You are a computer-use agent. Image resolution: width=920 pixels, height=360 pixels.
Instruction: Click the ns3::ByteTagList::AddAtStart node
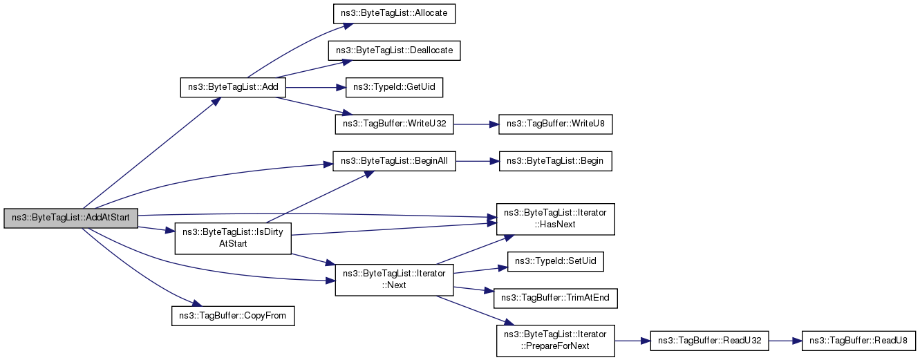[71, 218]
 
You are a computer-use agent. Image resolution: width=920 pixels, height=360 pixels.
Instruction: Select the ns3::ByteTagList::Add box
[233, 88]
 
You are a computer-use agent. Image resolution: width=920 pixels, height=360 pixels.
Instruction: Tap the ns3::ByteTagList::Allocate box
[394, 14]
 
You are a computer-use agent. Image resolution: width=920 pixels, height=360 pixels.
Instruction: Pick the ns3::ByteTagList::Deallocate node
[394, 50]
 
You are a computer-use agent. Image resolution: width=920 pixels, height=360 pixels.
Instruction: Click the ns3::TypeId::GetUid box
[394, 88]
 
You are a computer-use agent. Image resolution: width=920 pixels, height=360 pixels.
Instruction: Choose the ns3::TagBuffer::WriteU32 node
[394, 124]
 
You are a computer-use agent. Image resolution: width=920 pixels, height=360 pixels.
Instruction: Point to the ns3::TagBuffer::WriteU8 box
[555, 124]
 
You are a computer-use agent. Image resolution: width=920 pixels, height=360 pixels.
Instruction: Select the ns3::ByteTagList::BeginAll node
[394, 161]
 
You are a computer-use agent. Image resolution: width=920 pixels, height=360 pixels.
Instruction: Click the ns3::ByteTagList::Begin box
[555, 161]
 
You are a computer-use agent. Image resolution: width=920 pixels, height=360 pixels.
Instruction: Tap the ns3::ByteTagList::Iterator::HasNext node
[555, 219]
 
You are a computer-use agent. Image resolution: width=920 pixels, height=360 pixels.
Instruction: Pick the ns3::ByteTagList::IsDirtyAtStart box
[233, 238]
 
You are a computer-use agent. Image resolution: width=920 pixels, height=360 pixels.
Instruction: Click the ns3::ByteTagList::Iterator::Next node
[394, 280]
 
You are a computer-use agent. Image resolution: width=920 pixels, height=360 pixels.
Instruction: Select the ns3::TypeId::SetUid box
[555, 261]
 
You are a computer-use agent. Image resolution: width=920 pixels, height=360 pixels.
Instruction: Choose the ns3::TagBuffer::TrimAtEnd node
[555, 298]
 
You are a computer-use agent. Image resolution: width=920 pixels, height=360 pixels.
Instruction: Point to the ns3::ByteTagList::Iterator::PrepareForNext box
[555, 341]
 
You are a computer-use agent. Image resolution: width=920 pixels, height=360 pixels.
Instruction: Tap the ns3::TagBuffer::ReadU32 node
[709, 341]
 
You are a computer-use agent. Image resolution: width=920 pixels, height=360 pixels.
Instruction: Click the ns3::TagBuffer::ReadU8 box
[858, 341]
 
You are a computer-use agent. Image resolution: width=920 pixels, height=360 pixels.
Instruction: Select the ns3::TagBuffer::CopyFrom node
[233, 316]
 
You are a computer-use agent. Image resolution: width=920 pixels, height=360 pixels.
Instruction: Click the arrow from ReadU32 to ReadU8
[785, 341]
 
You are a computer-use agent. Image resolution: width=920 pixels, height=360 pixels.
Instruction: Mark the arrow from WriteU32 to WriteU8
[476, 124]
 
